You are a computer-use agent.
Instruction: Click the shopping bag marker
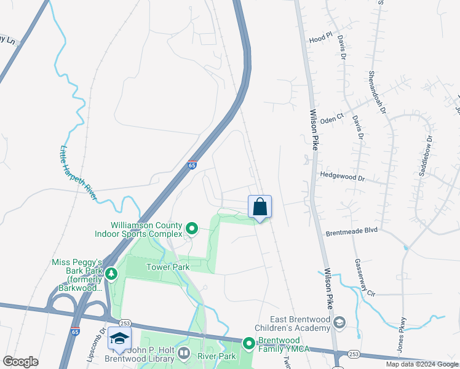click(260, 207)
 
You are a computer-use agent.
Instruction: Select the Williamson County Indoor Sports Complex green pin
click(191, 229)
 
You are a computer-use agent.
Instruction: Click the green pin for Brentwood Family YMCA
click(248, 343)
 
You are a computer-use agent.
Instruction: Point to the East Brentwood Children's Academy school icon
click(339, 322)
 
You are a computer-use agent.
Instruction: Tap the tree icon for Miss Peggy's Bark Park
click(111, 273)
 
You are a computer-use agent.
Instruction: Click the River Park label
click(216, 356)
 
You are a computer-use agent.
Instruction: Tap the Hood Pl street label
click(320, 39)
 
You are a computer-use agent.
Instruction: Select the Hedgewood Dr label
click(343, 176)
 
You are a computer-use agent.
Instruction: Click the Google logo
click(20, 362)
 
